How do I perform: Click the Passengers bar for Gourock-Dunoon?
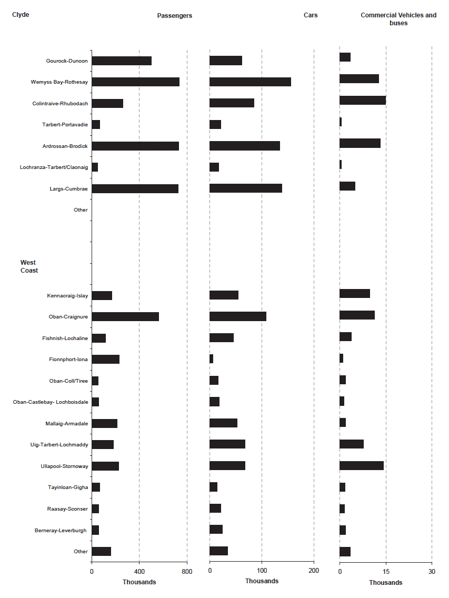122,61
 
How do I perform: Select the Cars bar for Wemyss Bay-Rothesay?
250,82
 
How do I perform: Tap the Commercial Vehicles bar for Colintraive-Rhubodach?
363,101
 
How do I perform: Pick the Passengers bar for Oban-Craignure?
125,316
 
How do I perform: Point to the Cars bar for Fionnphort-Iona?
211,359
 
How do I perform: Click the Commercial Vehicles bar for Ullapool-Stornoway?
362,465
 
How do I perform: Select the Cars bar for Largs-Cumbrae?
246,188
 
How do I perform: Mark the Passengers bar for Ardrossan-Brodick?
135,146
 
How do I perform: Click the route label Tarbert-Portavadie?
65,125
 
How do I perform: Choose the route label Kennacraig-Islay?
67,296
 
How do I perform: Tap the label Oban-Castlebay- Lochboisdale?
51,402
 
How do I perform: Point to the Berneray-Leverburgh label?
61,530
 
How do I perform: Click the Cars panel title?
311,15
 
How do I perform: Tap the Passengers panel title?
175,16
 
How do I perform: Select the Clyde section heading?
21,15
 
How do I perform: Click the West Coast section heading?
29,266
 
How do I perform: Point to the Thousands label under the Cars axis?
262,581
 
